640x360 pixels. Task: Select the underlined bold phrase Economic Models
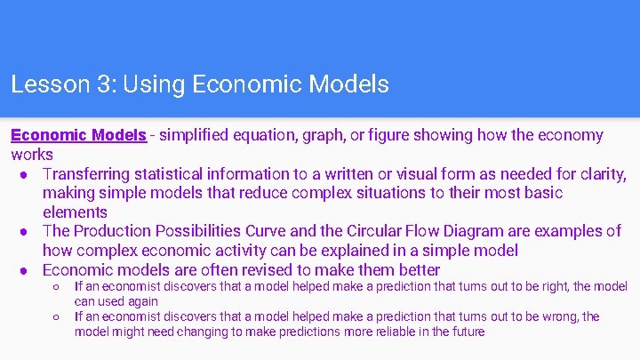[x=78, y=135]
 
